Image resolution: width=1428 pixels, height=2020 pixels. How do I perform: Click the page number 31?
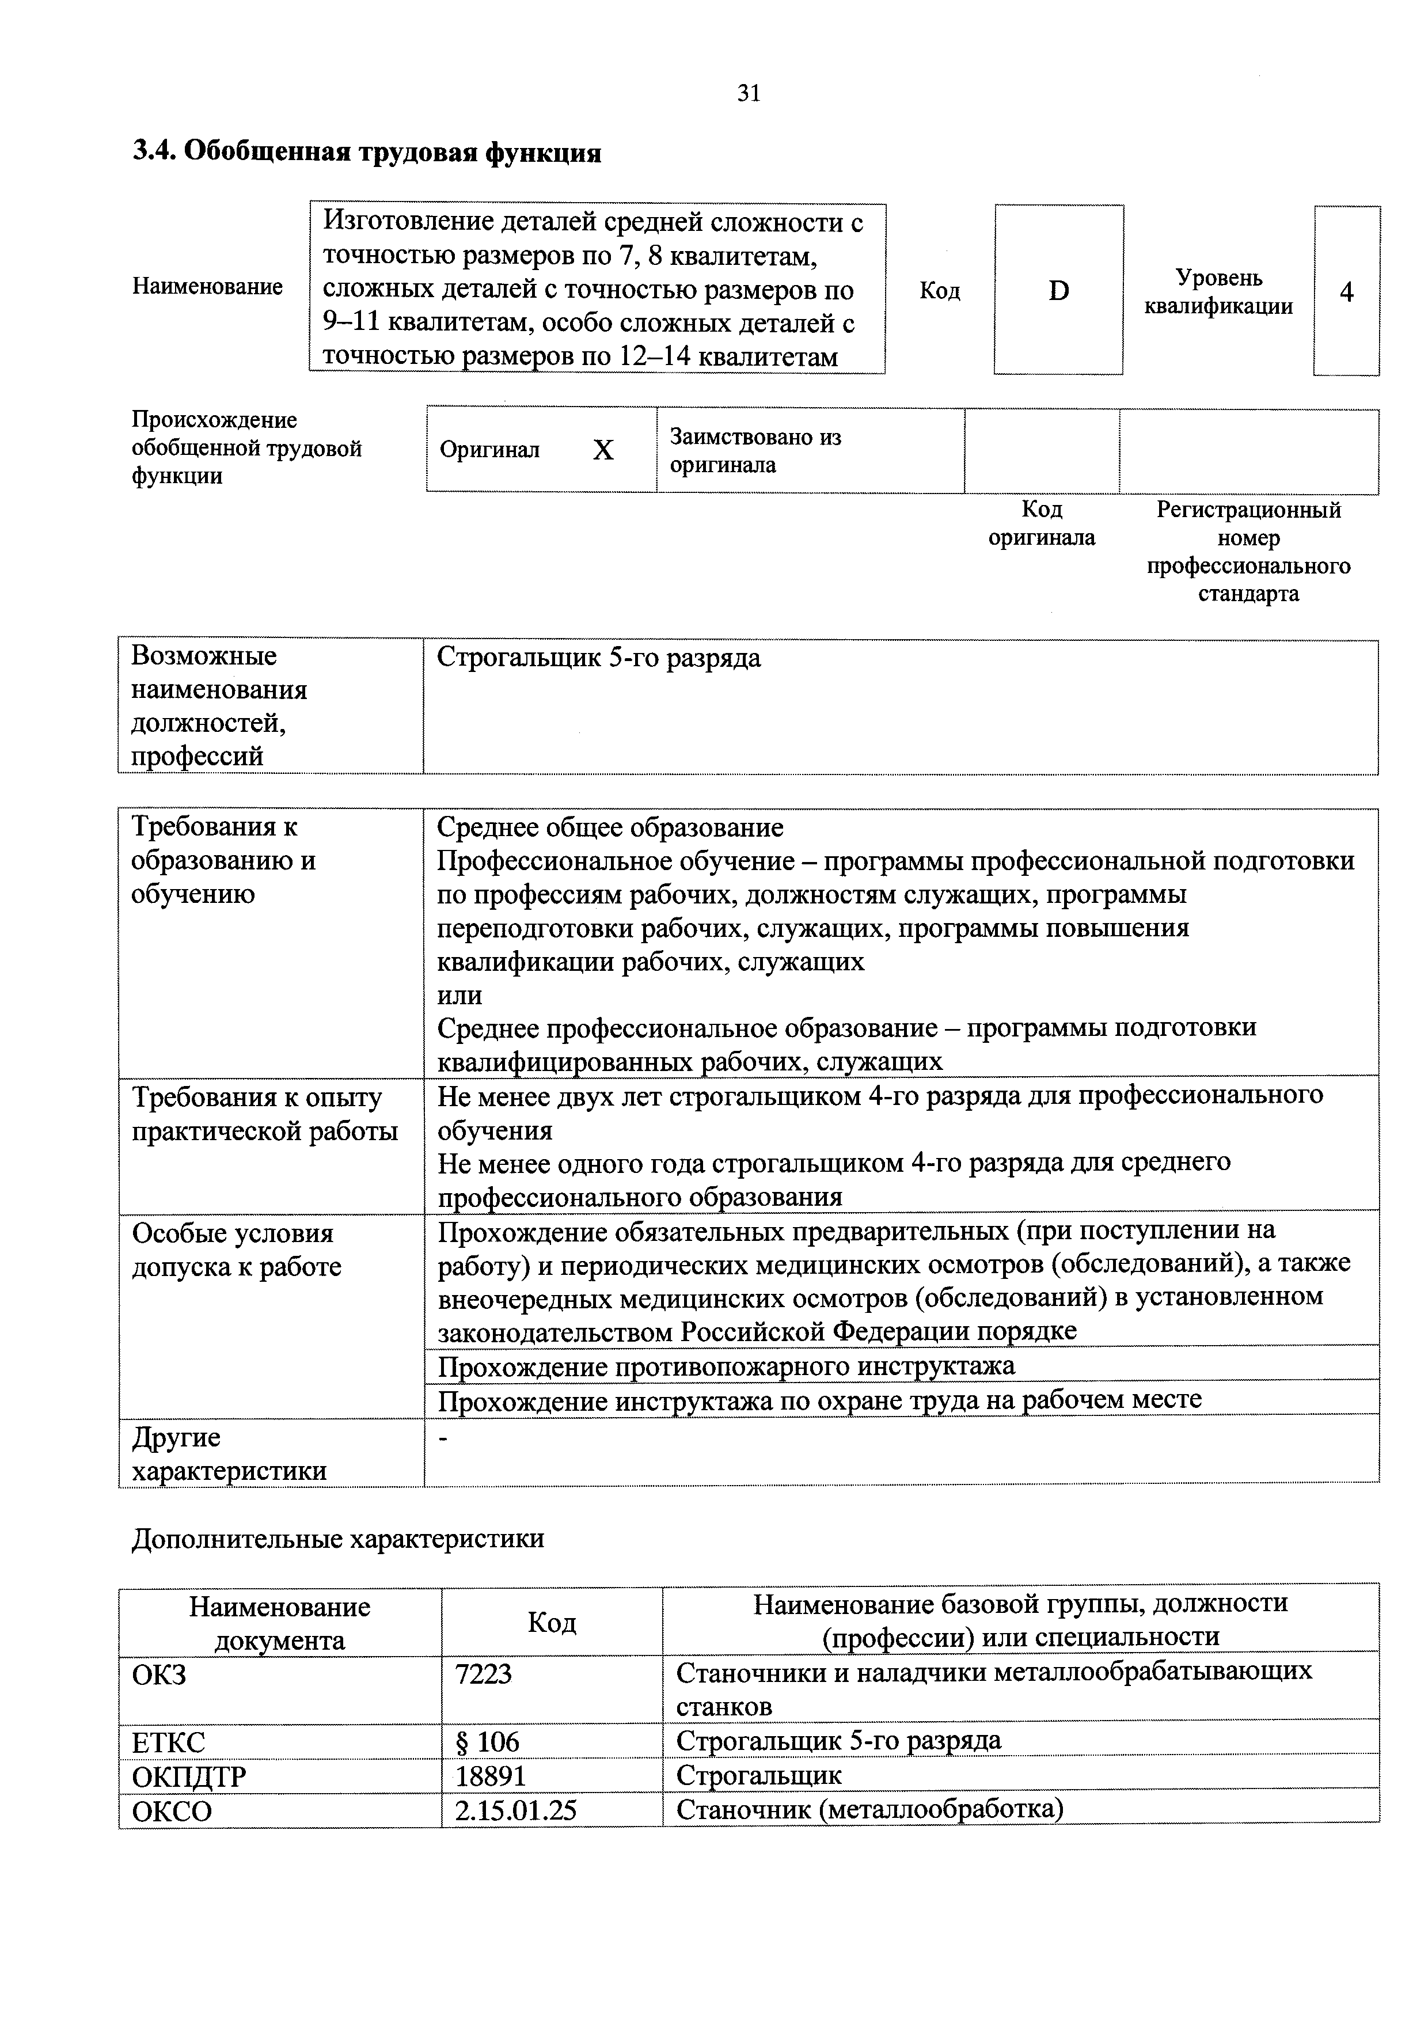coord(748,93)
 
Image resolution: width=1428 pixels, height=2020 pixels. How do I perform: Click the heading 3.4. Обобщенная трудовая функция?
coord(367,153)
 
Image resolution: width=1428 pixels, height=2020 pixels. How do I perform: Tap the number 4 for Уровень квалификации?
coord(1346,292)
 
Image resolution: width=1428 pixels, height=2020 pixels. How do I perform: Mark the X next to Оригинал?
coord(603,450)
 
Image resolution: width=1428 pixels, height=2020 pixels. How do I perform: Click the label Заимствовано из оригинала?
coord(755,450)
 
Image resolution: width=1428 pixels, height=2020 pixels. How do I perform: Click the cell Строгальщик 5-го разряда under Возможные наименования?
coord(598,658)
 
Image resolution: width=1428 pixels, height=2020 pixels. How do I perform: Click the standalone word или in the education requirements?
coord(459,995)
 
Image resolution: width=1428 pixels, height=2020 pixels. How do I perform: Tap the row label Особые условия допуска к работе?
coord(236,1250)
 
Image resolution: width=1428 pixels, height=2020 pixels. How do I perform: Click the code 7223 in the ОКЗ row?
coord(483,1673)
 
